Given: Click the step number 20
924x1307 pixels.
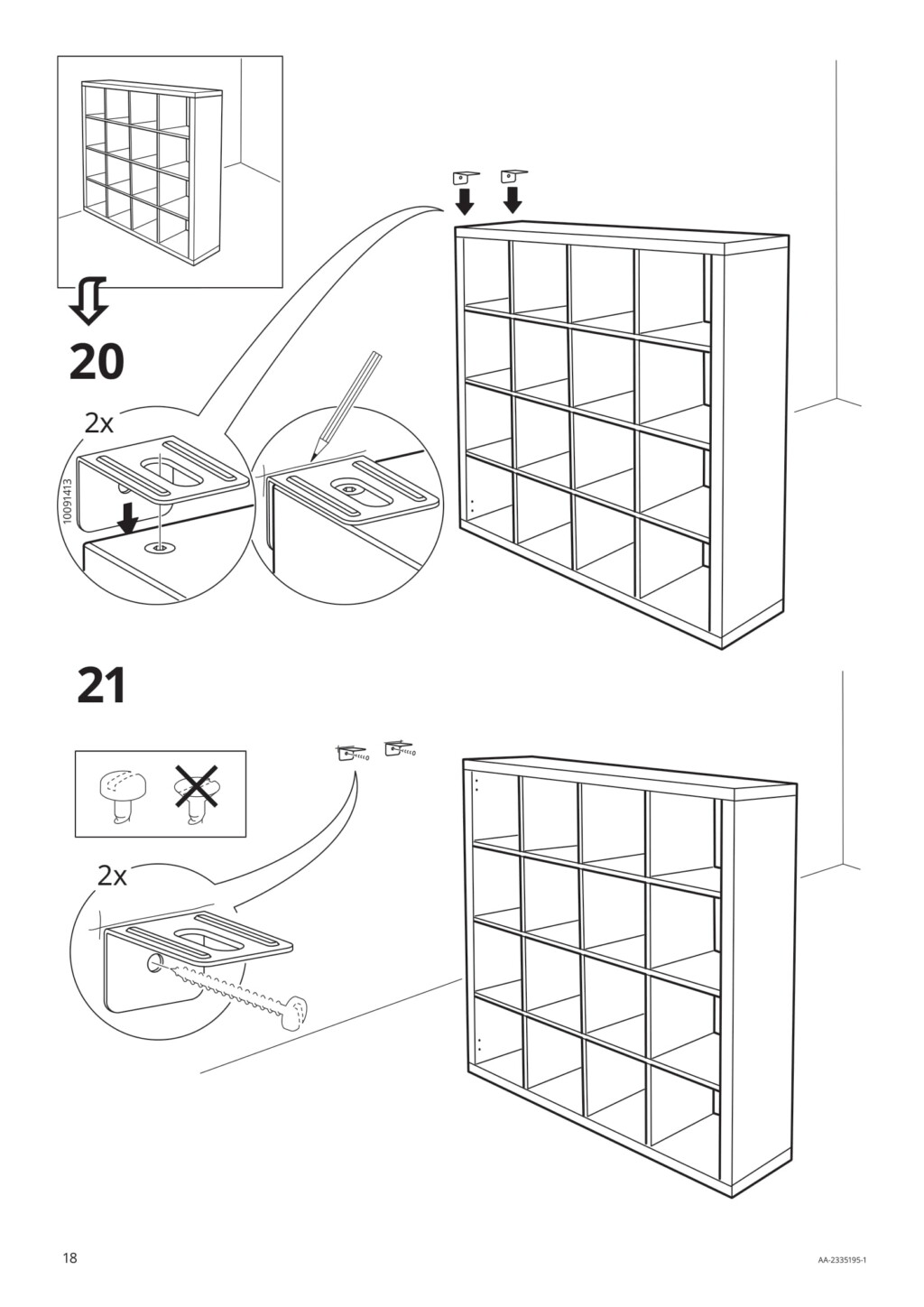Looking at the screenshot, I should [96, 362].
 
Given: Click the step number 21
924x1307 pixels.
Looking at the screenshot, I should [101, 686].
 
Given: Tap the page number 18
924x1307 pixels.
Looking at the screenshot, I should [69, 1258].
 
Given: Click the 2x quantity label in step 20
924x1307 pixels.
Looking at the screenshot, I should [100, 422].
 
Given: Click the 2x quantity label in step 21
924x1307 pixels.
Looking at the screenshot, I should [112, 876].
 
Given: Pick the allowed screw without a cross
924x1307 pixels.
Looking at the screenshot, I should [119, 794].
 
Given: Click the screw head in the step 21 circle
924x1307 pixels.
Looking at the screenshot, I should [296, 1013].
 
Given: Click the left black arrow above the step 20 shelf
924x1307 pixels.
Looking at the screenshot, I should [465, 199].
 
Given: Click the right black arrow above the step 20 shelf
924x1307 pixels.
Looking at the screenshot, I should [513, 199].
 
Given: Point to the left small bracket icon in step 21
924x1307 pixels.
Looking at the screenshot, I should [352, 751].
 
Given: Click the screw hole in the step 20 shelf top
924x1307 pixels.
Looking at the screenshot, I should [160, 547].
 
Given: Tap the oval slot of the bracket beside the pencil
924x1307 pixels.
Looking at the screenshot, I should [348, 487].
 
